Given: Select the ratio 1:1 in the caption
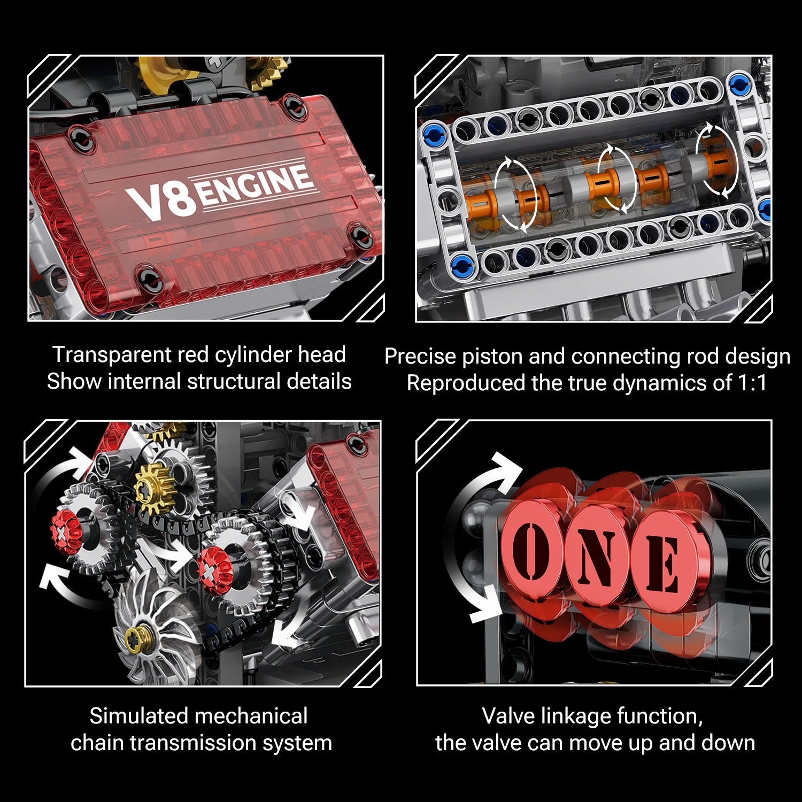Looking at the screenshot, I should (752, 383).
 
